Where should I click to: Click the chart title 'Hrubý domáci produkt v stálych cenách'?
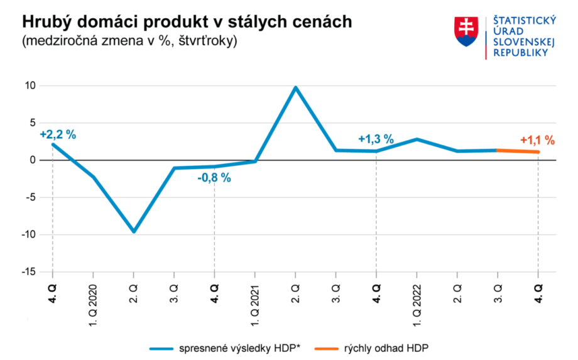187,21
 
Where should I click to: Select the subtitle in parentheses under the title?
129,41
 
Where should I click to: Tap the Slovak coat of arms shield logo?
466,31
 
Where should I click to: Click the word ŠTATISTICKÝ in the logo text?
525,21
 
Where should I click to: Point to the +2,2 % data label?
57,134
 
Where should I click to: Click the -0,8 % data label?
214,178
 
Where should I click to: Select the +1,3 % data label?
376,139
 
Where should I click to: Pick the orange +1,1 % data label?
538,141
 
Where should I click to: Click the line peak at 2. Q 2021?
295,87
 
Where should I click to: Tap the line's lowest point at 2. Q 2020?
133,231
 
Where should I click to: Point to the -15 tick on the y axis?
28,272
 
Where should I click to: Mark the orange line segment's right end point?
538,152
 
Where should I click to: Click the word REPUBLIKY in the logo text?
521,53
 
